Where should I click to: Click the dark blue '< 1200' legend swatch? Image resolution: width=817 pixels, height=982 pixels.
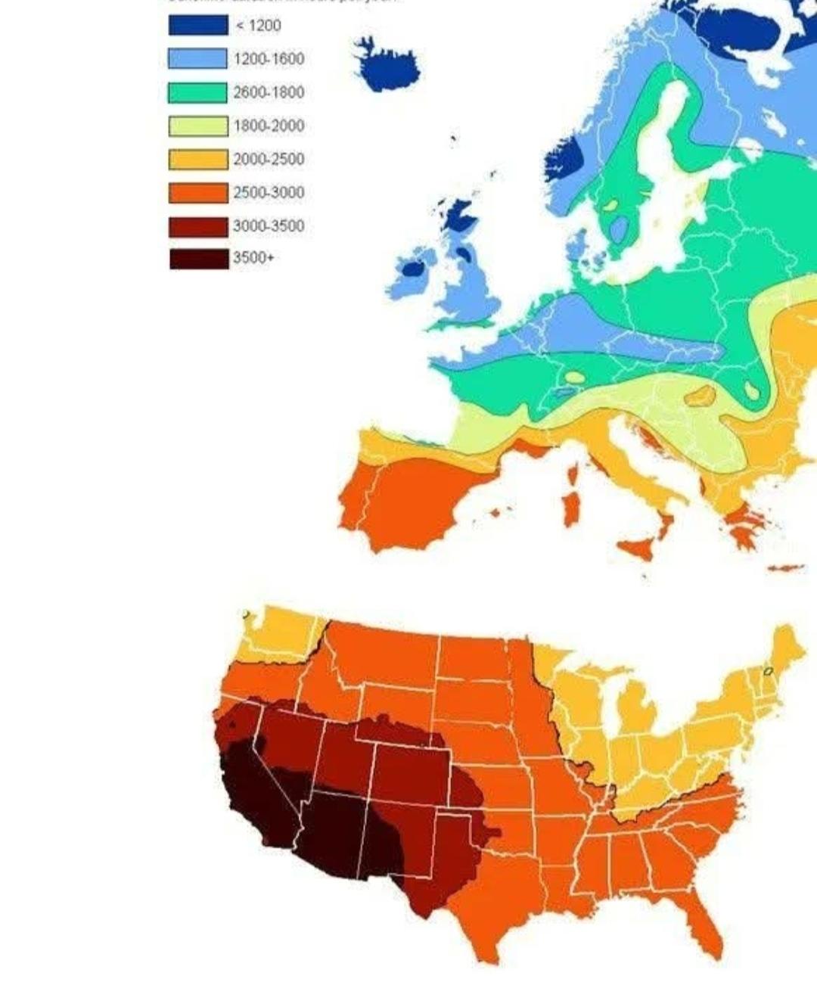[x=197, y=26]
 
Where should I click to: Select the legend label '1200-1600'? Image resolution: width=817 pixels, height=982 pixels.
[x=269, y=59]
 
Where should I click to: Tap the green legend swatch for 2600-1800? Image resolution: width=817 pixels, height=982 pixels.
[x=197, y=92]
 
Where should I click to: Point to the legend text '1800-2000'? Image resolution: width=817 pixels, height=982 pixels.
[x=269, y=126]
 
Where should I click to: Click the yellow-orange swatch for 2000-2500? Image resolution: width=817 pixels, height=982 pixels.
[x=197, y=159]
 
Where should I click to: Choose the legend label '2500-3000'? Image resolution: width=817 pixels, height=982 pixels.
[x=269, y=192]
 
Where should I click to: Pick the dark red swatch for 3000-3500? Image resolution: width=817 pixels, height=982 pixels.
[x=197, y=225]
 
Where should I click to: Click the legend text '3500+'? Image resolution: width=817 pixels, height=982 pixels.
[x=253, y=258]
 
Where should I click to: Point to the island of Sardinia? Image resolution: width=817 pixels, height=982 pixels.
[x=573, y=509]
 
